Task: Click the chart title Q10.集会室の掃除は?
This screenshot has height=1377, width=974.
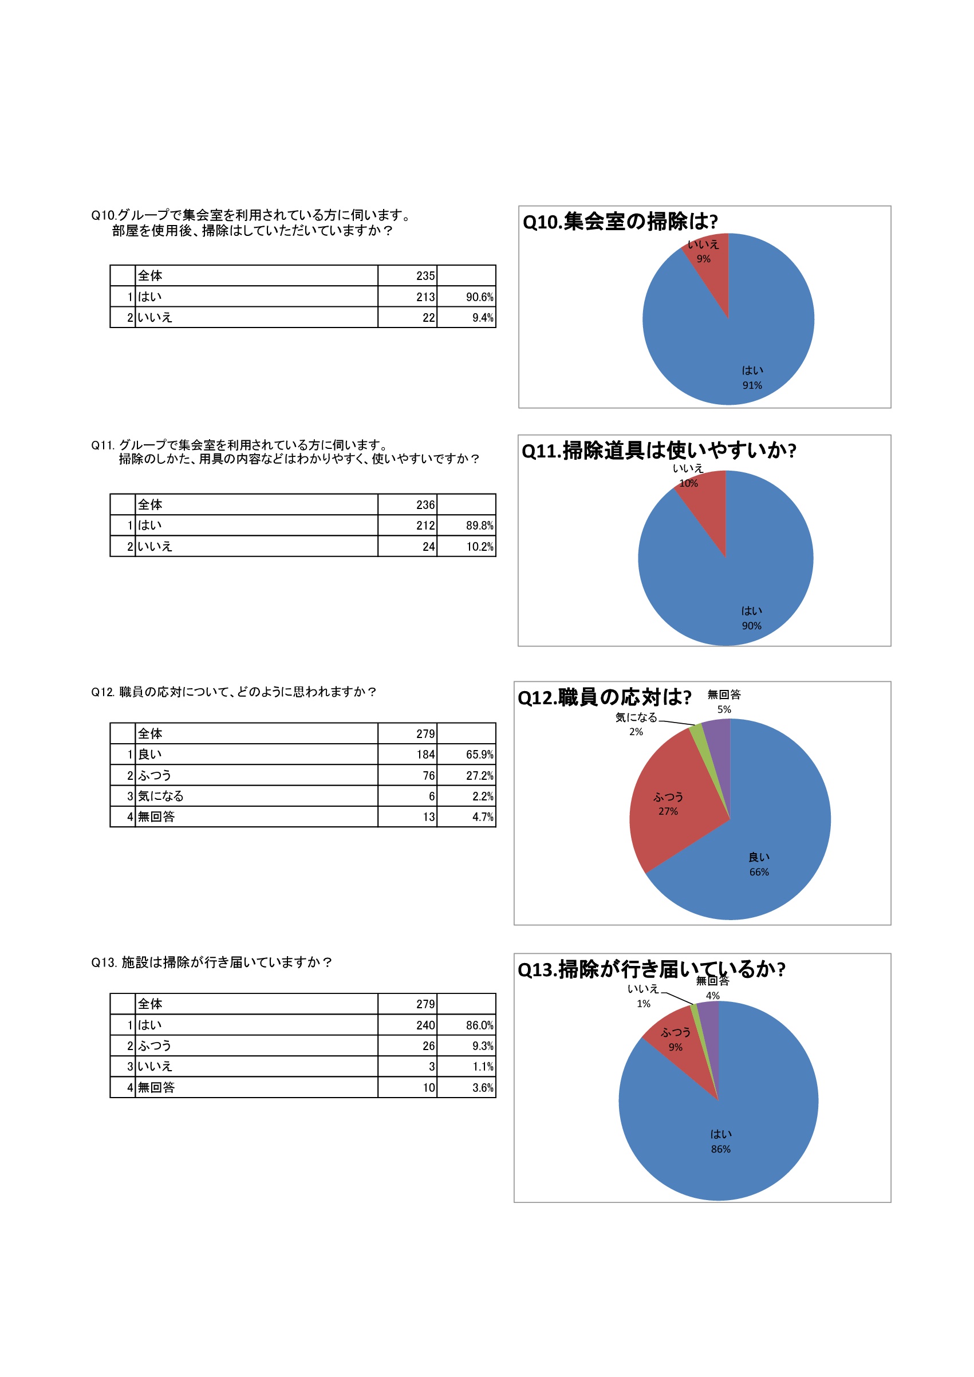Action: pyautogui.click(x=620, y=222)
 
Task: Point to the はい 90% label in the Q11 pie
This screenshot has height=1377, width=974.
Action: pyautogui.click(x=751, y=618)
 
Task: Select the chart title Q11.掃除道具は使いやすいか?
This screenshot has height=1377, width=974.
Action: pyautogui.click(x=658, y=451)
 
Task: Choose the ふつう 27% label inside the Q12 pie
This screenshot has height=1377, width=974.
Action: pyautogui.click(x=668, y=804)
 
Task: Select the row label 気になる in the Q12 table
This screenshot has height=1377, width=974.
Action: pyautogui.click(x=161, y=796)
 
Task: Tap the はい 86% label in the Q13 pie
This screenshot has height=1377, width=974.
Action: pyautogui.click(x=720, y=1141)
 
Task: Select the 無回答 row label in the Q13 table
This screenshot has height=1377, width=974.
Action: pyautogui.click(x=156, y=1087)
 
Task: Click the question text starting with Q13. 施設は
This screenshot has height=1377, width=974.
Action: pyautogui.click(x=212, y=962)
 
